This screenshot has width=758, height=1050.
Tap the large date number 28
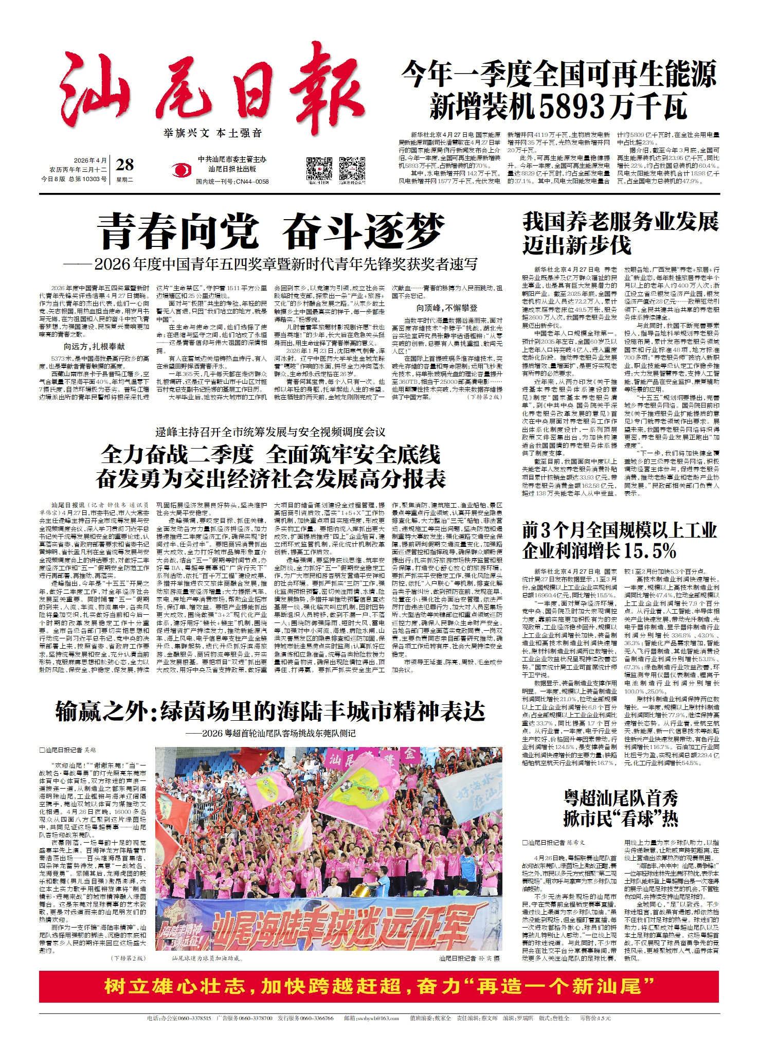point(125,165)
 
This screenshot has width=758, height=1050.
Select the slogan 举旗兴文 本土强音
point(213,133)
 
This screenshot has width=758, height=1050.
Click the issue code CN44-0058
point(251,182)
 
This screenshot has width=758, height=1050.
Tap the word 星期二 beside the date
point(124,180)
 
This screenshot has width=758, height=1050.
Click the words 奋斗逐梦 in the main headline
point(364,232)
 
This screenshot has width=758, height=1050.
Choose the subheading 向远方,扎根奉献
point(94,347)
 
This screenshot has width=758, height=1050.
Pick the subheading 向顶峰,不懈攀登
point(447,308)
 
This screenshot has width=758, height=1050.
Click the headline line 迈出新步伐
point(576,245)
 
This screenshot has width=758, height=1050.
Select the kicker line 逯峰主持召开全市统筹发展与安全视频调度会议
point(270,432)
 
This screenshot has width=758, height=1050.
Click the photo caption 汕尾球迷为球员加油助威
point(206,958)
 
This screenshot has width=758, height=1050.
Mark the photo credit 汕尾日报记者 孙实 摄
point(469,958)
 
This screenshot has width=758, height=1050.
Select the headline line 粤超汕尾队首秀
point(621,798)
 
